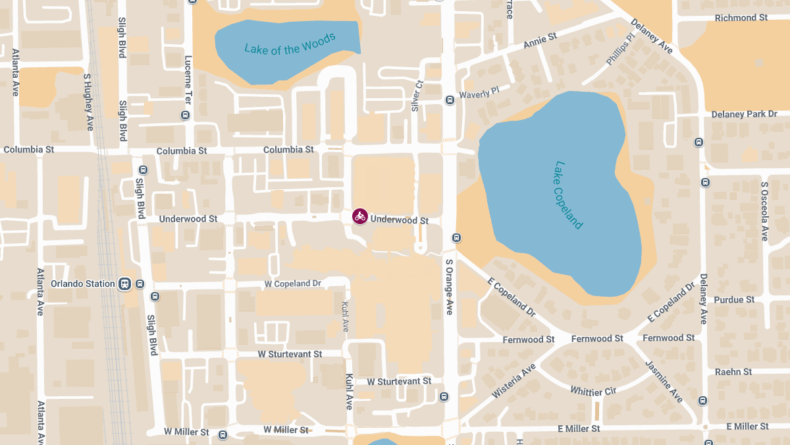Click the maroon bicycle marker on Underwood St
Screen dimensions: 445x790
(x=359, y=216)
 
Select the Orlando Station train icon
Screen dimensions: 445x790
(x=124, y=284)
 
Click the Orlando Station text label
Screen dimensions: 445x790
(x=83, y=284)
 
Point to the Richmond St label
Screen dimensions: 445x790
(x=741, y=18)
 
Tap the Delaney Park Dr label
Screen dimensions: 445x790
(x=744, y=114)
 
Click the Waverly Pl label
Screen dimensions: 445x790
(x=479, y=94)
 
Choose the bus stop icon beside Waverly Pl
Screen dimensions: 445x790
(x=450, y=100)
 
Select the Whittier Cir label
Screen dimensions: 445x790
(x=593, y=391)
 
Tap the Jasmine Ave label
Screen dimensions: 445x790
(x=664, y=382)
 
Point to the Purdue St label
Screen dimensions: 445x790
(x=734, y=299)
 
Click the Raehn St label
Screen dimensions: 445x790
(x=733, y=372)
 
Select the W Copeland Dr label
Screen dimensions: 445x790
(x=292, y=283)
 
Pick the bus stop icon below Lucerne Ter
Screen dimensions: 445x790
(x=185, y=115)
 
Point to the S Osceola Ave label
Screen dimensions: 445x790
(x=764, y=211)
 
